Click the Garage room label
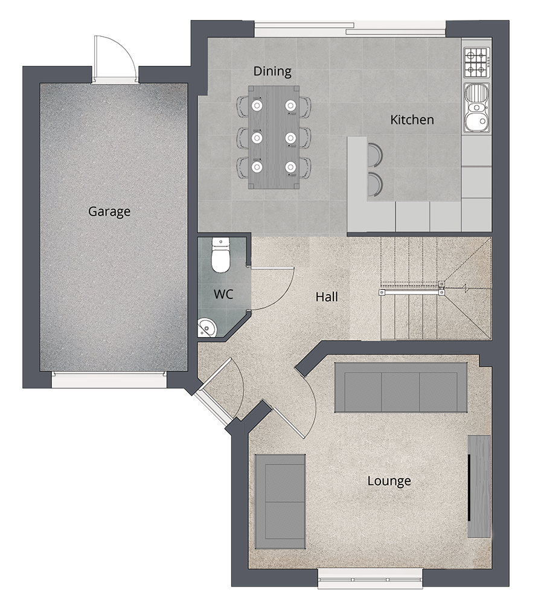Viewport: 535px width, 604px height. (x=109, y=211)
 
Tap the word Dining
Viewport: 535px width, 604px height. (x=272, y=71)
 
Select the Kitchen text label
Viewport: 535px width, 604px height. (x=412, y=120)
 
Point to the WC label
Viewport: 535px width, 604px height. (x=223, y=294)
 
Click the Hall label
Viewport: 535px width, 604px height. (x=327, y=297)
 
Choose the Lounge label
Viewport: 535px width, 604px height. (x=389, y=481)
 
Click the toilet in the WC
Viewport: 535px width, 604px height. (x=220, y=255)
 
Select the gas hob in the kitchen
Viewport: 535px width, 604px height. (x=477, y=62)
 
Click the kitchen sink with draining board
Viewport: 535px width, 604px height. (x=477, y=108)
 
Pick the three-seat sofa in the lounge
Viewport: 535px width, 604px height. (x=400, y=387)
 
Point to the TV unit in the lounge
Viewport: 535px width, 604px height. (x=479, y=486)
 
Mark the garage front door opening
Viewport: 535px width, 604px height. (x=109, y=380)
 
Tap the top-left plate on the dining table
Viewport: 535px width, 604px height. (x=257, y=104)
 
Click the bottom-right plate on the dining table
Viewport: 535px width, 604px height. (x=290, y=167)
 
